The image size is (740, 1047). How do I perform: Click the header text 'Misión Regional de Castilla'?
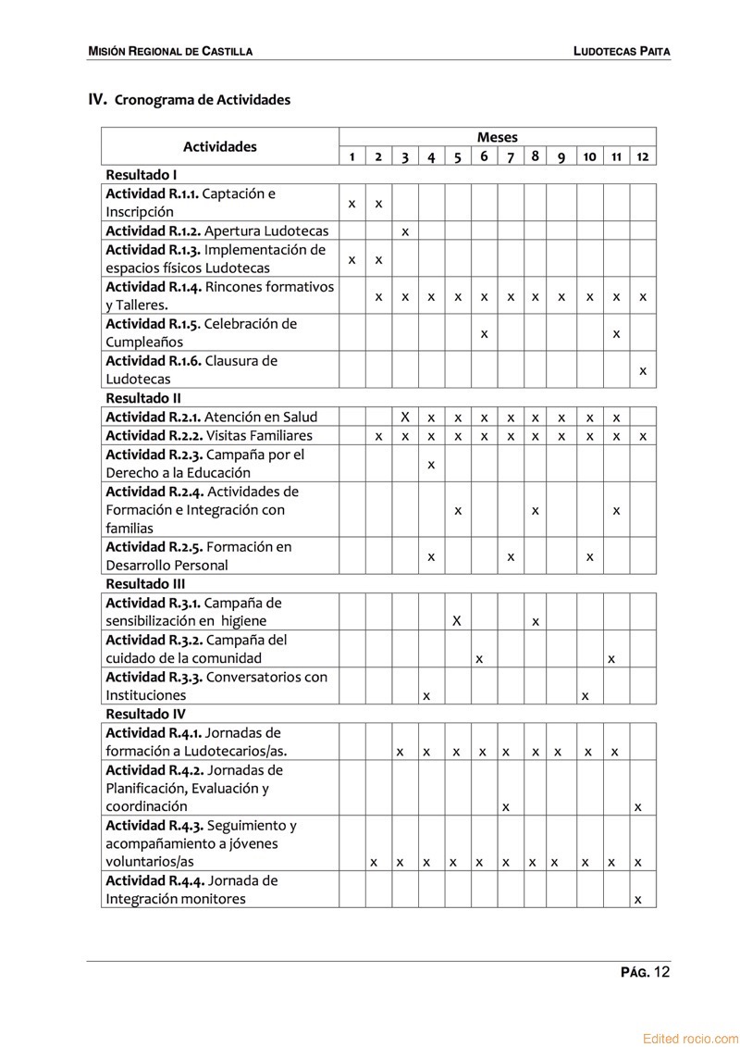point(170,52)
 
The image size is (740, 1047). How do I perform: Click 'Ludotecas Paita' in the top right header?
point(622,52)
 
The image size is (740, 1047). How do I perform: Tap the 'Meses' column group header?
point(498,137)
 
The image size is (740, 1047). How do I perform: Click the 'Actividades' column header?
point(220,146)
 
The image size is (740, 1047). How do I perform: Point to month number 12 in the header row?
point(643,156)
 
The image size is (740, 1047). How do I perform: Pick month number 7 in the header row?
point(511,156)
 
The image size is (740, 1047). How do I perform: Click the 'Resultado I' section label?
point(142,174)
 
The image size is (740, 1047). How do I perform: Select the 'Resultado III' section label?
point(145,584)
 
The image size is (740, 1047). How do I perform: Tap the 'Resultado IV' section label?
point(145,714)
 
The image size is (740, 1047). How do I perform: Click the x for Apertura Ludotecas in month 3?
point(405,231)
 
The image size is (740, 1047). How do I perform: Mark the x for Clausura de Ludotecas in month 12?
point(643,371)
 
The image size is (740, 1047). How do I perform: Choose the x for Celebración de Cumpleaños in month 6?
point(485,333)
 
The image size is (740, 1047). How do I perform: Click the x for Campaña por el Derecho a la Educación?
point(431,464)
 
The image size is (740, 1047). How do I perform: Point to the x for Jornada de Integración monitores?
point(638,899)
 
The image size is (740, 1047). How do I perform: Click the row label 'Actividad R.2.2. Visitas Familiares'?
point(209,435)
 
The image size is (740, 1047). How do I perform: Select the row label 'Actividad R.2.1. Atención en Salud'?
point(211,417)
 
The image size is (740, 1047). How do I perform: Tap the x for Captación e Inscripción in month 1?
point(352,203)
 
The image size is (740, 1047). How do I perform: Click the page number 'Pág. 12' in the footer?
point(645,972)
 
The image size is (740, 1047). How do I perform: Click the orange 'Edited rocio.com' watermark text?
point(690,1039)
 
